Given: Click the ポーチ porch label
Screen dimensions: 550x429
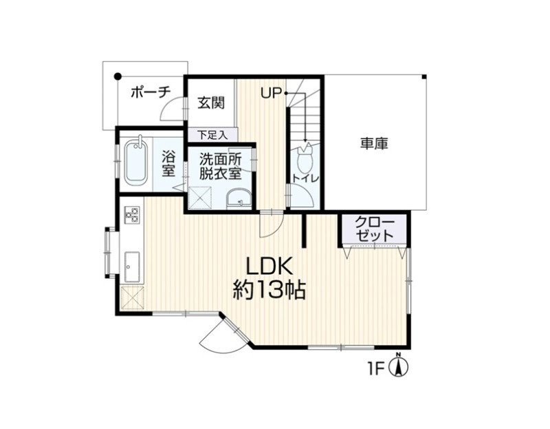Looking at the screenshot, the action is [x=151, y=93].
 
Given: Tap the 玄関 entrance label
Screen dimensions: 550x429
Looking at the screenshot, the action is [x=211, y=103].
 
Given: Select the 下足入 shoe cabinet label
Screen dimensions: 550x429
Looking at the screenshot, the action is [x=212, y=135].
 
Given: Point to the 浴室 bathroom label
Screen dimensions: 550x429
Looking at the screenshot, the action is [x=168, y=164].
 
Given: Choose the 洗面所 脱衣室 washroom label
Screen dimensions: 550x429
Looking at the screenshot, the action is [x=220, y=167].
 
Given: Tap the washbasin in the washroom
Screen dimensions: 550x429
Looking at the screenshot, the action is [x=239, y=199].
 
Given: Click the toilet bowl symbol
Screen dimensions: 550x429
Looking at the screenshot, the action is [x=305, y=158].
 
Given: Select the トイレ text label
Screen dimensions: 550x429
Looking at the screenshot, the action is [x=305, y=178].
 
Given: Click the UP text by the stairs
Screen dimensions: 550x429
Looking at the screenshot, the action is [x=272, y=93].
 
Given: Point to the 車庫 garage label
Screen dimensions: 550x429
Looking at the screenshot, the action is [x=374, y=143].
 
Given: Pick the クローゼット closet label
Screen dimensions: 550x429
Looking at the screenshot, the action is [x=375, y=229].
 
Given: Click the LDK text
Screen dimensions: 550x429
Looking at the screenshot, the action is [x=269, y=266].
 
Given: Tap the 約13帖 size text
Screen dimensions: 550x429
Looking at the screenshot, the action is [x=269, y=290].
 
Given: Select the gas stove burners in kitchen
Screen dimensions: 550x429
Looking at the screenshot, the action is [x=132, y=214].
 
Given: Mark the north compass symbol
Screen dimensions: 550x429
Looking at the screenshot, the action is [x=399, y=365].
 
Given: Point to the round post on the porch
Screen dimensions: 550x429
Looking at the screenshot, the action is [x=118, y=76].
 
